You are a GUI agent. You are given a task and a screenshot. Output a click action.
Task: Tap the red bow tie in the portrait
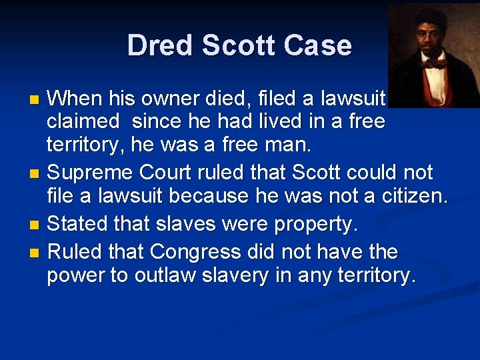435,65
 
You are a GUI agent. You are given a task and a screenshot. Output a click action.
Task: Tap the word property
315,225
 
